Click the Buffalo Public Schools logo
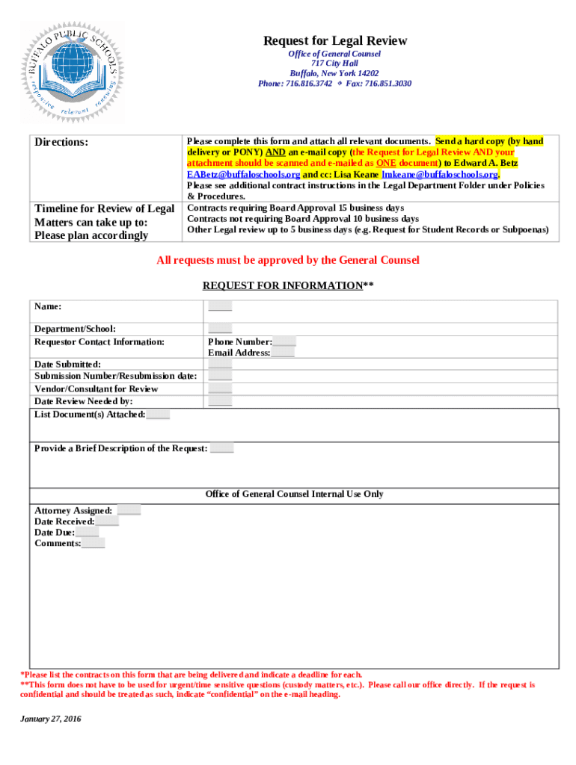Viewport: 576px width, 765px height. click(x=73, y=72)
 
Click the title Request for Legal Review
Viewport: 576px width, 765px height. click(x=334, y=41)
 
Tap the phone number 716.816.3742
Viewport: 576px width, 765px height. click(x=307, y=84)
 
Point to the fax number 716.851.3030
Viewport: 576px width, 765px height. click(x=387, y=84)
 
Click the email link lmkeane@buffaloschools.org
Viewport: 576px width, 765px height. click(x=440, y=174)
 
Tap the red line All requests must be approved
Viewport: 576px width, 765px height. click(x=287, y=260)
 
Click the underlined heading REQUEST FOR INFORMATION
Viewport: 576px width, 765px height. click(x=288, y=285)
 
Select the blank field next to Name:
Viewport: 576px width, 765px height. click(x=220, y=306)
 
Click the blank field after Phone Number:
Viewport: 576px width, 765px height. click(x=284, y=342)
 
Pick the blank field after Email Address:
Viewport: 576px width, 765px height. click(x=283, y=353)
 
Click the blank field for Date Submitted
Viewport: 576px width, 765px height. click(x=220, y=365)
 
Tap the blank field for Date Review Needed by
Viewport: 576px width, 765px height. click(x=220, y=401)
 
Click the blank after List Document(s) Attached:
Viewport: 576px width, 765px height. click(x=159, y=414)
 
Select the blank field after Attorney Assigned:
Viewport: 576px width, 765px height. click(x=129, y=510)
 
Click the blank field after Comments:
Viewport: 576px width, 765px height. click(x=94, y=544)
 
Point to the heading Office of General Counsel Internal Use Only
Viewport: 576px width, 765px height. click(x=294, y=495)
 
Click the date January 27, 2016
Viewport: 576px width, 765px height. click(x=51, y=719)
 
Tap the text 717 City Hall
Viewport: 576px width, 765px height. click(x=334, y=64)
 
